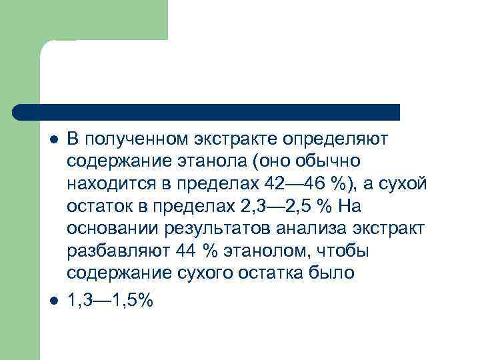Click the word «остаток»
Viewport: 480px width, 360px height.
97,207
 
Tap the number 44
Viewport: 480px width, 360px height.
187,253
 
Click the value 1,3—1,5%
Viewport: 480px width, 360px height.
110,301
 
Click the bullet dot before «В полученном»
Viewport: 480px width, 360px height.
54,139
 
